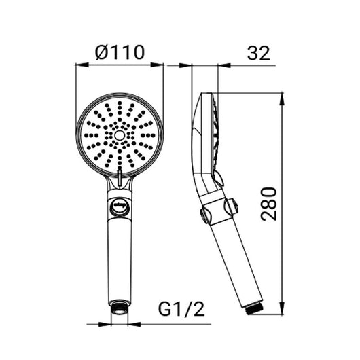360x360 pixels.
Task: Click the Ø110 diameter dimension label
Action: click(x=120, y=52)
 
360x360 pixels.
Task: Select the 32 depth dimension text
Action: click(x=259, y=53)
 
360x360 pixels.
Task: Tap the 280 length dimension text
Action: click(x=269, y=204)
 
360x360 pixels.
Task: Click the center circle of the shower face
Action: click(x=120, y=135)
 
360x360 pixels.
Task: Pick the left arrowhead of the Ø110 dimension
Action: click(x=82, y=65)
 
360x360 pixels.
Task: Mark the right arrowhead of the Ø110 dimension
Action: click(x=157, y=65)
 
